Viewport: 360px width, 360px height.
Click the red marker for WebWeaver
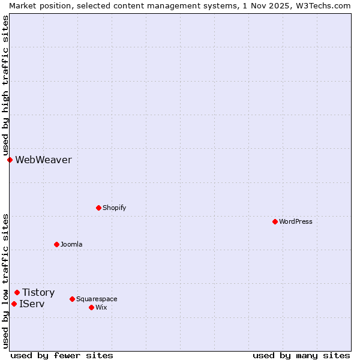pos(10,160)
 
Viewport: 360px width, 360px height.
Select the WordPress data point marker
pos(275,221)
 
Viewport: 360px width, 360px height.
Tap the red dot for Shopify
pos(98,208)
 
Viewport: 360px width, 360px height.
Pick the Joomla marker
pos(56,244)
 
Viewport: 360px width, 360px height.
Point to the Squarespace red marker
pos(72,299)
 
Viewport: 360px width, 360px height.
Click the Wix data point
pos(91,307)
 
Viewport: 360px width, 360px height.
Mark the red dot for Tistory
pos(17,292)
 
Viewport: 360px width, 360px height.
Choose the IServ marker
pos(14,304)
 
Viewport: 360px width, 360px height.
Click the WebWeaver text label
pos(43,160)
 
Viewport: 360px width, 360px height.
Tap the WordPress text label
pos(296,221)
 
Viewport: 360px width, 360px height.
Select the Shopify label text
pos(114,208)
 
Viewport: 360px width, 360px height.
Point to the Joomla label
pos(71,244)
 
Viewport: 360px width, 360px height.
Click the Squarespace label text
pos(97,299)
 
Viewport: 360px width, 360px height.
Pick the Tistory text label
pos(38,292)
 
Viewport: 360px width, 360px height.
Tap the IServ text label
pos(32,304)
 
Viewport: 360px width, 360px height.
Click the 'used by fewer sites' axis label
pos(62,355)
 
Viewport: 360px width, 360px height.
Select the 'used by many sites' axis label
pos(301,355)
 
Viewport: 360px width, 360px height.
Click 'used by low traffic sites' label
pos(5,281)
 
